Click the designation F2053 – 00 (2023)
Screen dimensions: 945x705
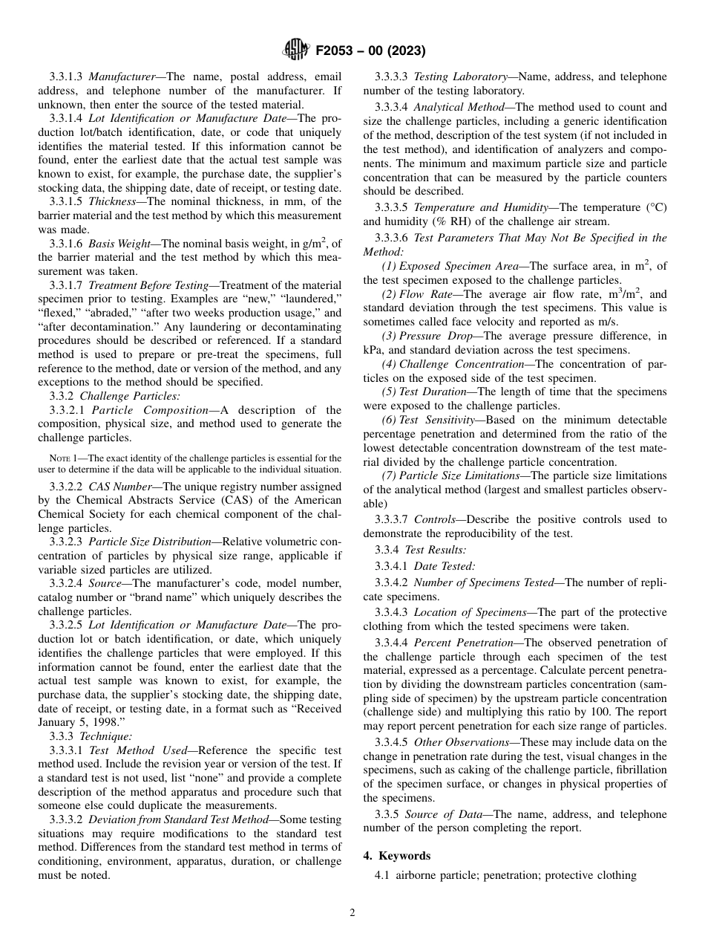370,51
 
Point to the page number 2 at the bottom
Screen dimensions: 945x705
352,913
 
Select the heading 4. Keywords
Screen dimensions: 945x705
396,856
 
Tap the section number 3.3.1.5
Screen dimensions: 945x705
67,202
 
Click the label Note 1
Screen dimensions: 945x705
63,458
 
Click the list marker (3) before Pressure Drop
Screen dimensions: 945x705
389,337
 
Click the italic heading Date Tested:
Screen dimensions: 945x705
445,566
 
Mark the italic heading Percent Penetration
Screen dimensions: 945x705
463,643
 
